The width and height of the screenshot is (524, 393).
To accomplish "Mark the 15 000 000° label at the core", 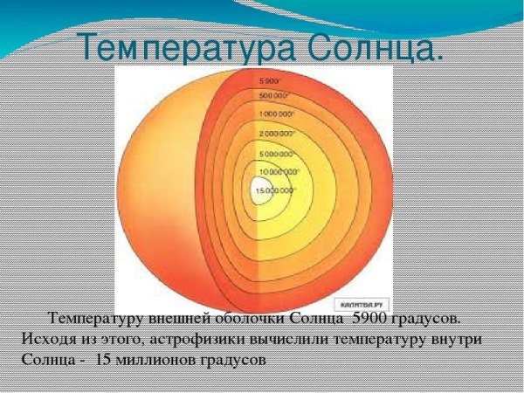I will point(275,190).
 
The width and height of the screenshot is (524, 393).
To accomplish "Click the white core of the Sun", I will point(259,194).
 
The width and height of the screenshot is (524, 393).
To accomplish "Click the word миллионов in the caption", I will point(158,359).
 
